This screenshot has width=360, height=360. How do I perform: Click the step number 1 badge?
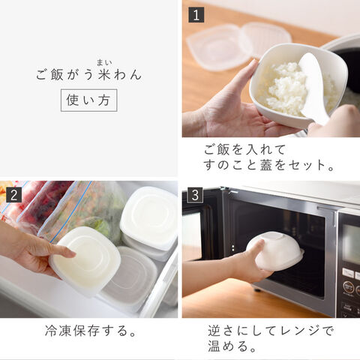point(196,15)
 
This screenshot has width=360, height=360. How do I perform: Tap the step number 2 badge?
point(13,195)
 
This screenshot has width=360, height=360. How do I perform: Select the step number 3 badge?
point(195,195)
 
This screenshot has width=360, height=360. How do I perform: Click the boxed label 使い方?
point(89,100)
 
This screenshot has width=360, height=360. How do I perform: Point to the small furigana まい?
point(104,62)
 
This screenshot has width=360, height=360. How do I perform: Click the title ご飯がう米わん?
point(88,75)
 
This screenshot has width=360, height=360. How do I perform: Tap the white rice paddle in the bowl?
point(313,88)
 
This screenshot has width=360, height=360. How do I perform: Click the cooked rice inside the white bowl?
point(287,86)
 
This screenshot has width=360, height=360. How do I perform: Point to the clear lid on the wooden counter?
point(238,46)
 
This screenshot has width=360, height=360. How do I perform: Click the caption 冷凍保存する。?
point(91,331)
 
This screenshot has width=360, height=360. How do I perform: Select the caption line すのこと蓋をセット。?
point(268,165)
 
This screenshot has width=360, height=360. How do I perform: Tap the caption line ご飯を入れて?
point(244,149)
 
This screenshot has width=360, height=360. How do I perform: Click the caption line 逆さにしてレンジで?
point(271,331)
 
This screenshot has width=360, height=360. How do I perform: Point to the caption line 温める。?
point(232,346)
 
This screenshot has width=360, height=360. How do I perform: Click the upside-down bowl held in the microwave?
point(275,250)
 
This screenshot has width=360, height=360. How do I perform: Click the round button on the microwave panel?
point(348,286)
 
